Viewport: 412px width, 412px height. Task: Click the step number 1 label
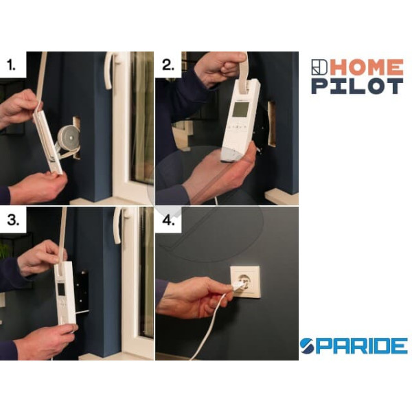11,65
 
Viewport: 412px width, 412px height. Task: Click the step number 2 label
168,65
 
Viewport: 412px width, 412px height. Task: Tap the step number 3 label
13,220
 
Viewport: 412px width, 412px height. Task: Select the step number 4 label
168,220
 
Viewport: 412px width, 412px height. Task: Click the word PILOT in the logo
357,87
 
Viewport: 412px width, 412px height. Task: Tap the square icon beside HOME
319,67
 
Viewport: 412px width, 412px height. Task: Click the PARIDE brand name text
362,346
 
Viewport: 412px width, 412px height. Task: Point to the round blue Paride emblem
308,346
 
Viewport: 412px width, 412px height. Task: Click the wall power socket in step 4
245,282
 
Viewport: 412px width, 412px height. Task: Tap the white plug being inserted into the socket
238,286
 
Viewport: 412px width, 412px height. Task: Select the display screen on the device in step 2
241,110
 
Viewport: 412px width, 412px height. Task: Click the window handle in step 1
109,71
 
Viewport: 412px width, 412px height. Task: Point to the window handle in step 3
119,225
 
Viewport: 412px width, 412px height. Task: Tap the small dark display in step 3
61,290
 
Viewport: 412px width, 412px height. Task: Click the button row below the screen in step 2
237,127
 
